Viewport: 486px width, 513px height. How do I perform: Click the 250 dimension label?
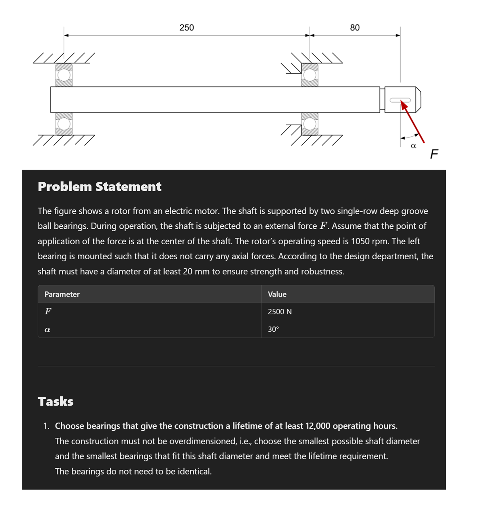click(186, 28)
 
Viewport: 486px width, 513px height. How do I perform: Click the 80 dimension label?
click(355, 28)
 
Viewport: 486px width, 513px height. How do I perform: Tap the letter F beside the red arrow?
click(434, 153)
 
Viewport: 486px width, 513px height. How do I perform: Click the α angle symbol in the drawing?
click(413, 146)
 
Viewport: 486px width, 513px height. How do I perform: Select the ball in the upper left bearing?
click(64, 75)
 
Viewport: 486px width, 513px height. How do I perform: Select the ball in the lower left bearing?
click(64, 124)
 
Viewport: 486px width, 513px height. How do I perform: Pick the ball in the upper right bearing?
click(310, 75)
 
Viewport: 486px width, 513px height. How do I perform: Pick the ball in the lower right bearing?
click(310, 124)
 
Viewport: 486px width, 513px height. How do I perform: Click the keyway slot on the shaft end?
click(400, 100)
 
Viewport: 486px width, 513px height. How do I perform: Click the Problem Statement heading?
click(100, 187)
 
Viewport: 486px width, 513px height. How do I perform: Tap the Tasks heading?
click(56, 402)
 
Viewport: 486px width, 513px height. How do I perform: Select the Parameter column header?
click(62, 294)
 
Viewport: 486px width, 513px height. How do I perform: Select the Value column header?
click(277, 294)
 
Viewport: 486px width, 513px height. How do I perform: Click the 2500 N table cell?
click(280, 312)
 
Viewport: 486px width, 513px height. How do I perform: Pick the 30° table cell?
click(273, 329)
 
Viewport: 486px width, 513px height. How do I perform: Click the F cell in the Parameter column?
click(48, 312)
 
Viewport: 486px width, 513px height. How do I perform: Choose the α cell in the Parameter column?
click(47, 329)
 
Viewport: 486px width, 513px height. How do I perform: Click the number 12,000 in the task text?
click(317, 426)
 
